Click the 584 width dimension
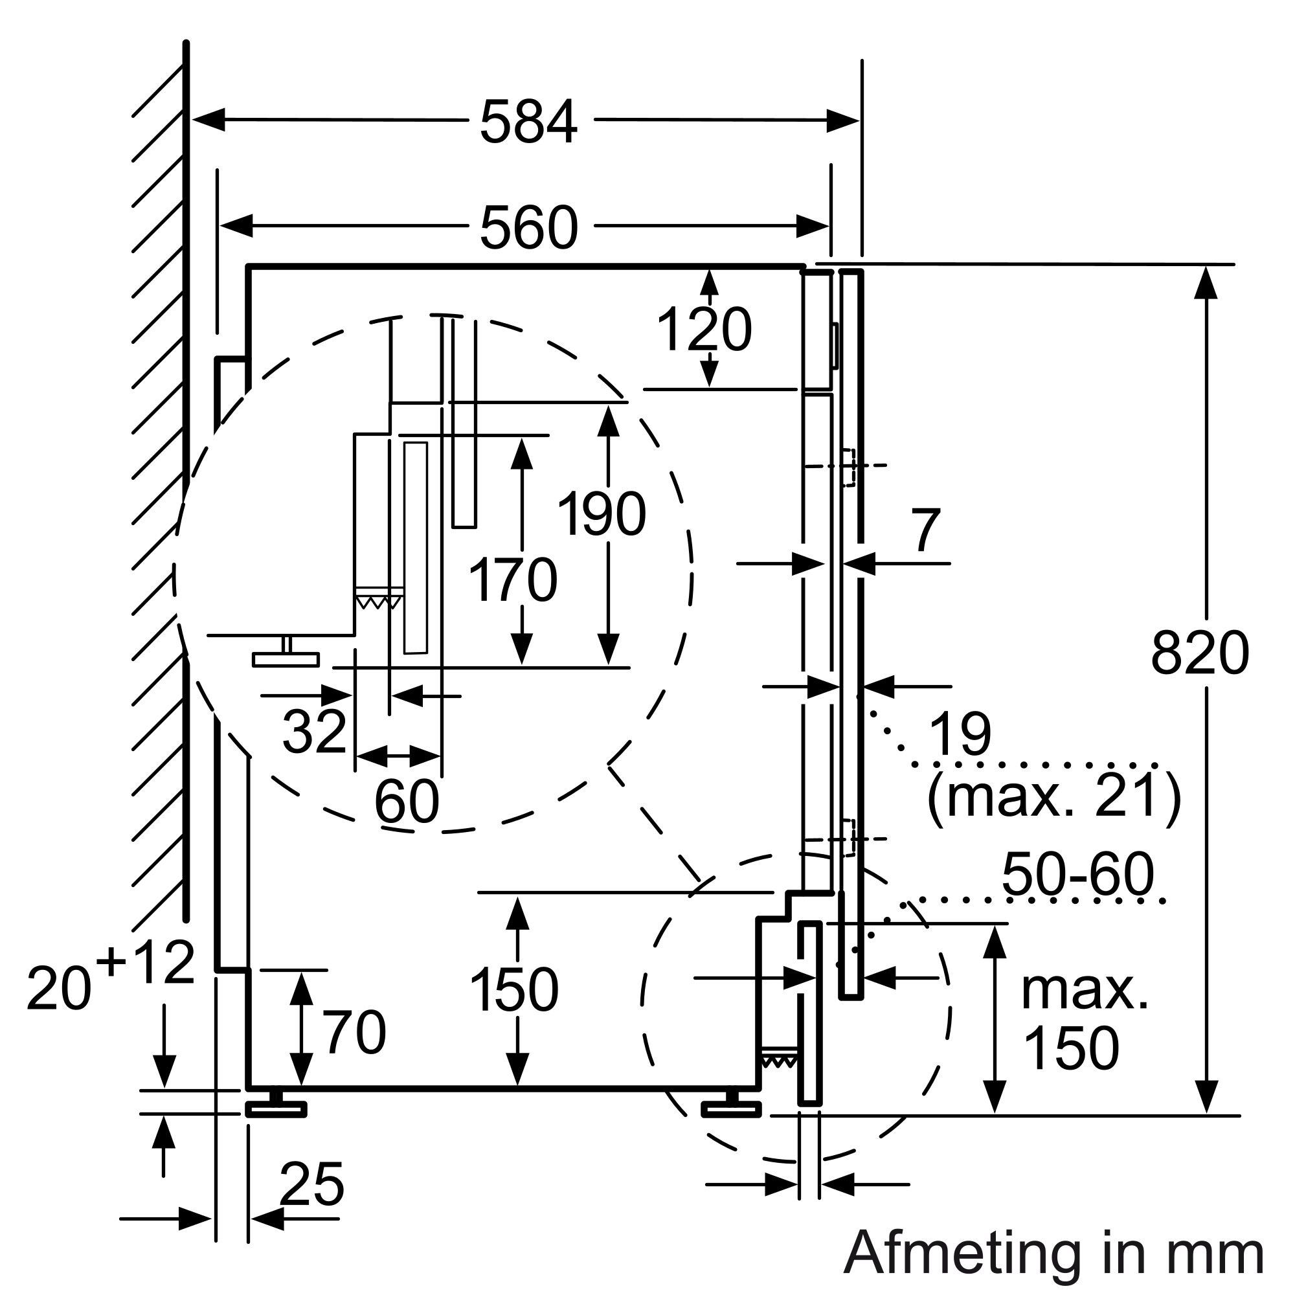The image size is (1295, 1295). [x=528, y=122]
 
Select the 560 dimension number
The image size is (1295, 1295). [x=528, y=228]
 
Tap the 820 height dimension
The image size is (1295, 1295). [x=1200, y=653]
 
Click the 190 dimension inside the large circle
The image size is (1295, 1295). [x=602, y=515]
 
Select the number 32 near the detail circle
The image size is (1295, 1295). [x=313, y=731]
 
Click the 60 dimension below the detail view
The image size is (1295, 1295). [x=406, y=801]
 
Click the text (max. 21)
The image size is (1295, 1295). [x=1053, y=796]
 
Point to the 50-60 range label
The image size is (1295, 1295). [x=1078, y=874]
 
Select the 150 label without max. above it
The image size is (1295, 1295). [x=514, y=990]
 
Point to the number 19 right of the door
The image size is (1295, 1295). [x=960, y=734]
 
